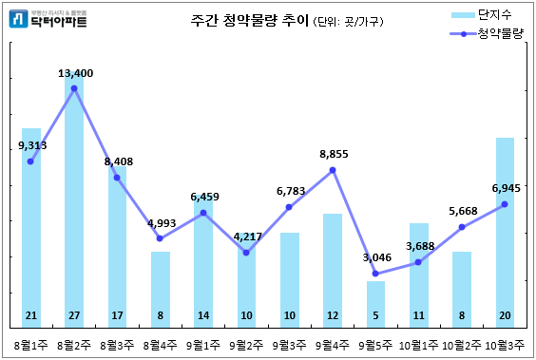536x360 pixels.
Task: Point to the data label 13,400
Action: tap(75, 72)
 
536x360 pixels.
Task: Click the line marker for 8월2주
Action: tap(74, 88)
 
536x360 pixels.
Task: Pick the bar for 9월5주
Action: tap(376, 302)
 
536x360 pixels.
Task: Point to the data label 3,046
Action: tap(377, 257)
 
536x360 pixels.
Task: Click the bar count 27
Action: tap(74, 315)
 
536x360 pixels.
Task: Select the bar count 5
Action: tap(376, 315)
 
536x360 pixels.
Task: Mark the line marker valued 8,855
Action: tap(333, 170)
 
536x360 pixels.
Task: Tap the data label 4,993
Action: tap(162, 223)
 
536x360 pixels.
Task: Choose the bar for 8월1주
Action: tap(31, 223)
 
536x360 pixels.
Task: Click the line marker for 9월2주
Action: tap(246, 253)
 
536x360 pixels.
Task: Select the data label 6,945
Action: tap(507, 188)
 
